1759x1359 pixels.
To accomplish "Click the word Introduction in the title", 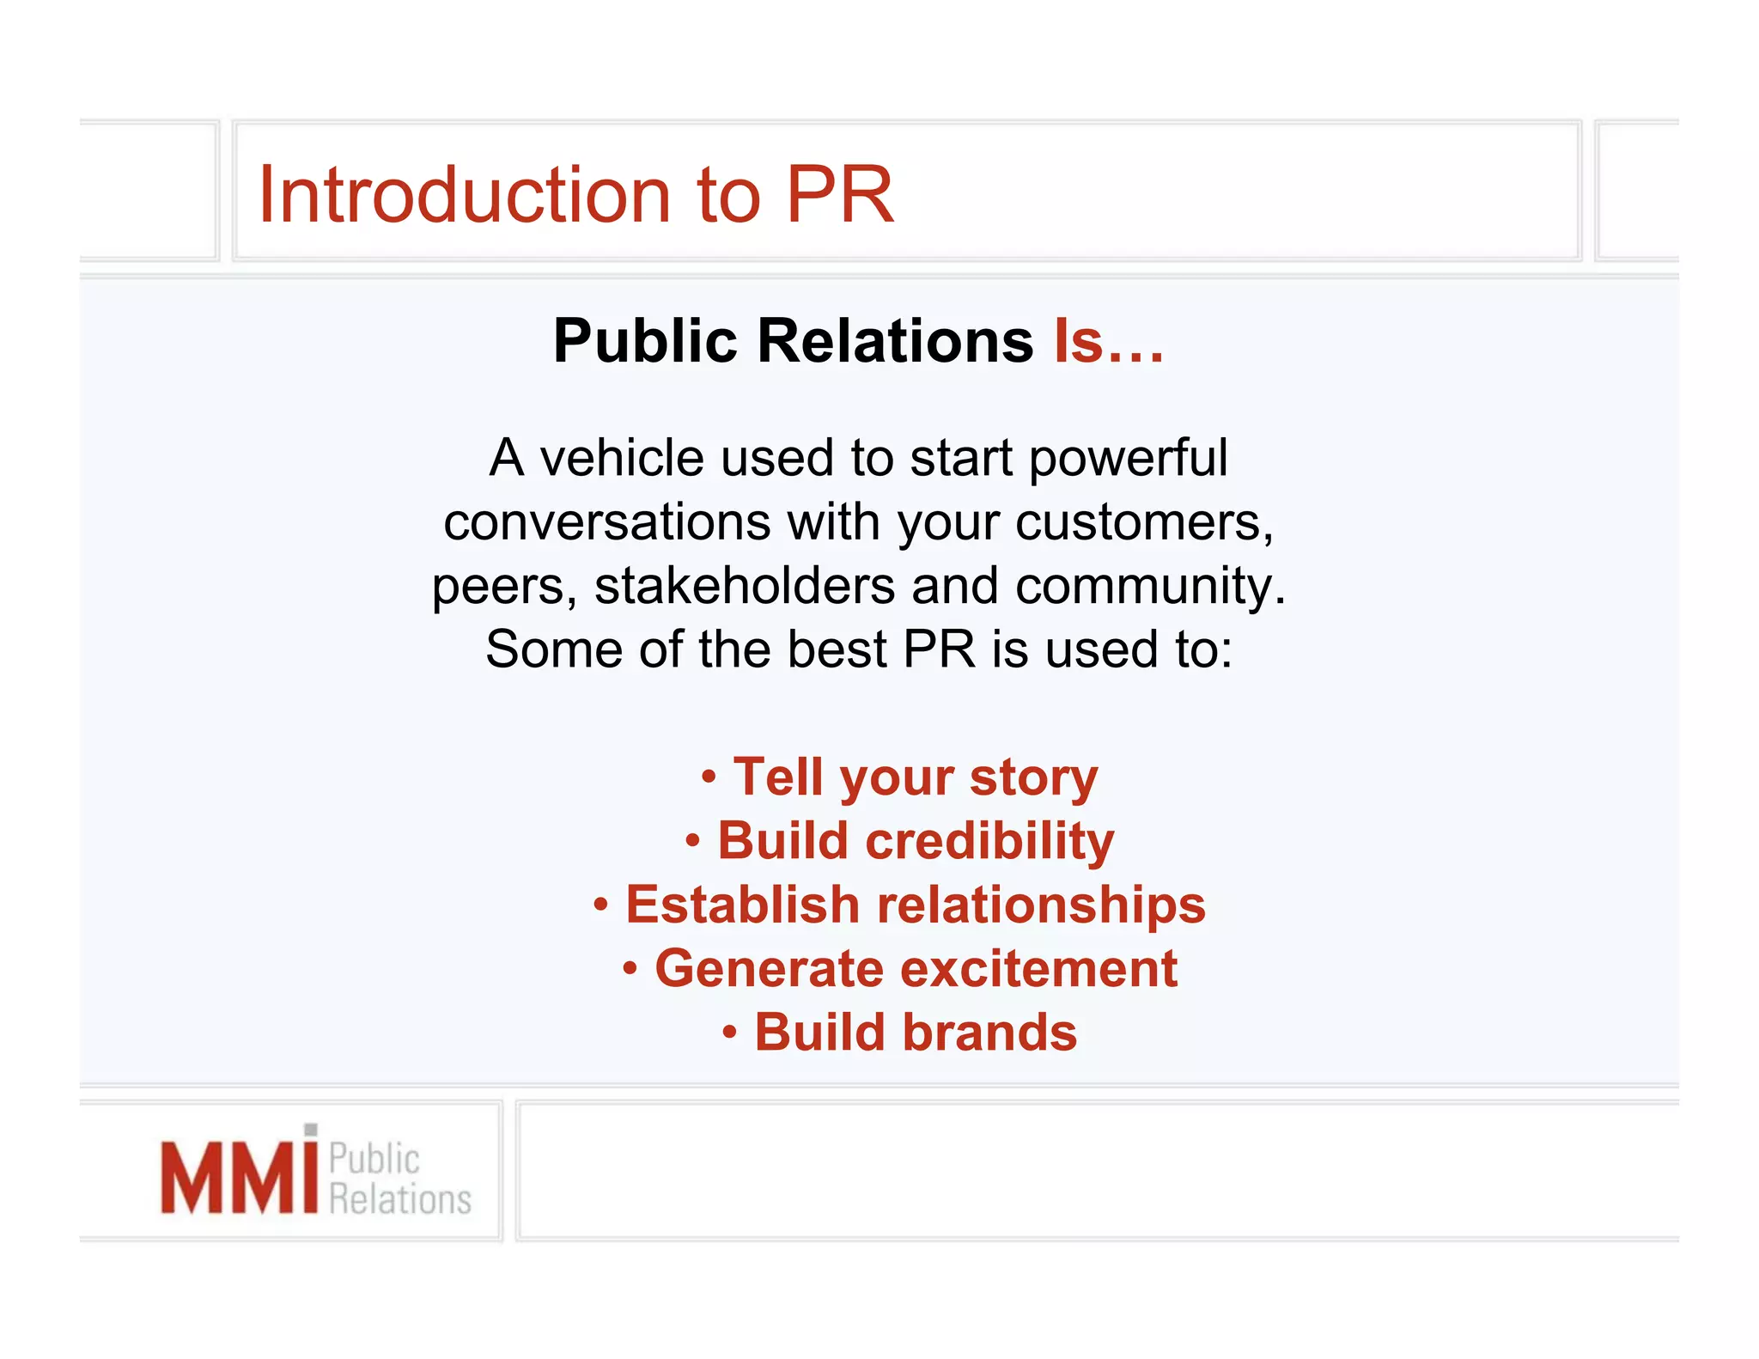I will [x=464, y=196].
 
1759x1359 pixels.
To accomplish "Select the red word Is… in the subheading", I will [x=1109, y=341].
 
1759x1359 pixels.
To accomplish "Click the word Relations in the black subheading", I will [x=895, y=341].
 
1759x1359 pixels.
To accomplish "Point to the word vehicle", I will [x=622, y=458].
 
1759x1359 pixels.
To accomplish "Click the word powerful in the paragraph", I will [x=1128, y=458].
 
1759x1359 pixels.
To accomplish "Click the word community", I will [x=1150, y=586].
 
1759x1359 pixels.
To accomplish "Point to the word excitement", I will [x=1038, y=969].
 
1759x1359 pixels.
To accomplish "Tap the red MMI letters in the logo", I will [x=239, y=1176].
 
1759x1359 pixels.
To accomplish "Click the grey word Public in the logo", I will [x=374, y=1159].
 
